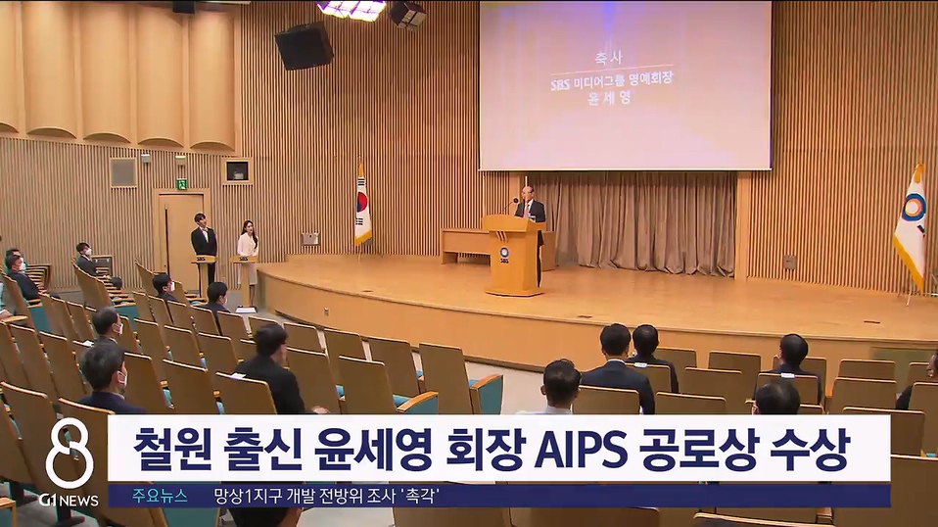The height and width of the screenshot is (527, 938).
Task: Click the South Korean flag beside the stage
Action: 362,208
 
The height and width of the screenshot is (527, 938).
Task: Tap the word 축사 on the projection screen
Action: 625,57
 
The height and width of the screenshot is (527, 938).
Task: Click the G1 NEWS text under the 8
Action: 69,500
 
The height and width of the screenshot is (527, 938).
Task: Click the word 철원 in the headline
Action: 171,448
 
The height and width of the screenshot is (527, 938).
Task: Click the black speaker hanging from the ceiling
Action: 303,45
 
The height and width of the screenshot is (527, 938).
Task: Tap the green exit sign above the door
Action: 181,183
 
